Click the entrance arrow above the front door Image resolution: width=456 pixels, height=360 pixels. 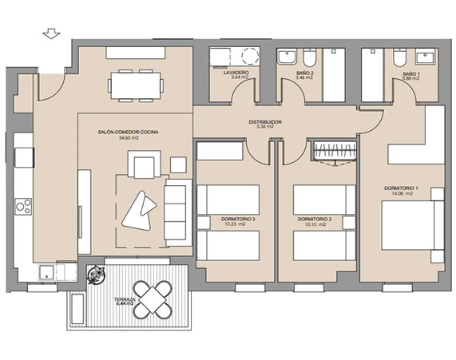51,34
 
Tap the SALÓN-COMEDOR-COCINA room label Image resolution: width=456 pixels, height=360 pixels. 129,133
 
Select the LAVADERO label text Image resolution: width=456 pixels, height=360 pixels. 236,73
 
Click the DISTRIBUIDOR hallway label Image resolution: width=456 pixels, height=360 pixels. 265,122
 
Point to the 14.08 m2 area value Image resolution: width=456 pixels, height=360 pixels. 402,193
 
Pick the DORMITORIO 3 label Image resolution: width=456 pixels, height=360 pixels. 238,219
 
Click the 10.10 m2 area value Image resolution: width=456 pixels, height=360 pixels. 315,224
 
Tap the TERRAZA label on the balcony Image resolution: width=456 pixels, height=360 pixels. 125,299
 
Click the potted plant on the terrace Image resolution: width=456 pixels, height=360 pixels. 96,275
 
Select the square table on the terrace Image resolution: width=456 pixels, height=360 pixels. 153,299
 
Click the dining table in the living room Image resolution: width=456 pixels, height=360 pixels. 136,85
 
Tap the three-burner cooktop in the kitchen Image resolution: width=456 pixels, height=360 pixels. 23,207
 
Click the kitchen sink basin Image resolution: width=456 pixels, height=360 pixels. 46,272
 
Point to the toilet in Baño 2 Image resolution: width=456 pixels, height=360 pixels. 309,57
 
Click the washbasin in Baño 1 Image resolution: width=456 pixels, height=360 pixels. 426,57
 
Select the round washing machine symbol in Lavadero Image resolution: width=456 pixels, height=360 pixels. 250,56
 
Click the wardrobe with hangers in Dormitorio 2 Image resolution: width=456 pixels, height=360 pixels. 335,151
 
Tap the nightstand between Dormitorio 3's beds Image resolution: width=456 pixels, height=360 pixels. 204,223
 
